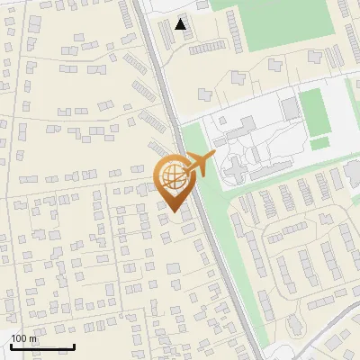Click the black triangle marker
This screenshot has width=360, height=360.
tap(182, 24)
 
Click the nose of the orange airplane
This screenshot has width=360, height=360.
tap(214, 156)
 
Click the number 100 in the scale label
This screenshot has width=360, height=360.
tap(18, 338)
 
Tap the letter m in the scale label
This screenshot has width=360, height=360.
tap(32, 338)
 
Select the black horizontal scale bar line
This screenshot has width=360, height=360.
tap(42, 346)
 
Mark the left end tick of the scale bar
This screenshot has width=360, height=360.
tap(11, 346)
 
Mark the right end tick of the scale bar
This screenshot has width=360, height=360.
tap(74, 346)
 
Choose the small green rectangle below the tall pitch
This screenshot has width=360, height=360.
tap(319, 143)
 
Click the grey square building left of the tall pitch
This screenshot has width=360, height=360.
tap(289, 108)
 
